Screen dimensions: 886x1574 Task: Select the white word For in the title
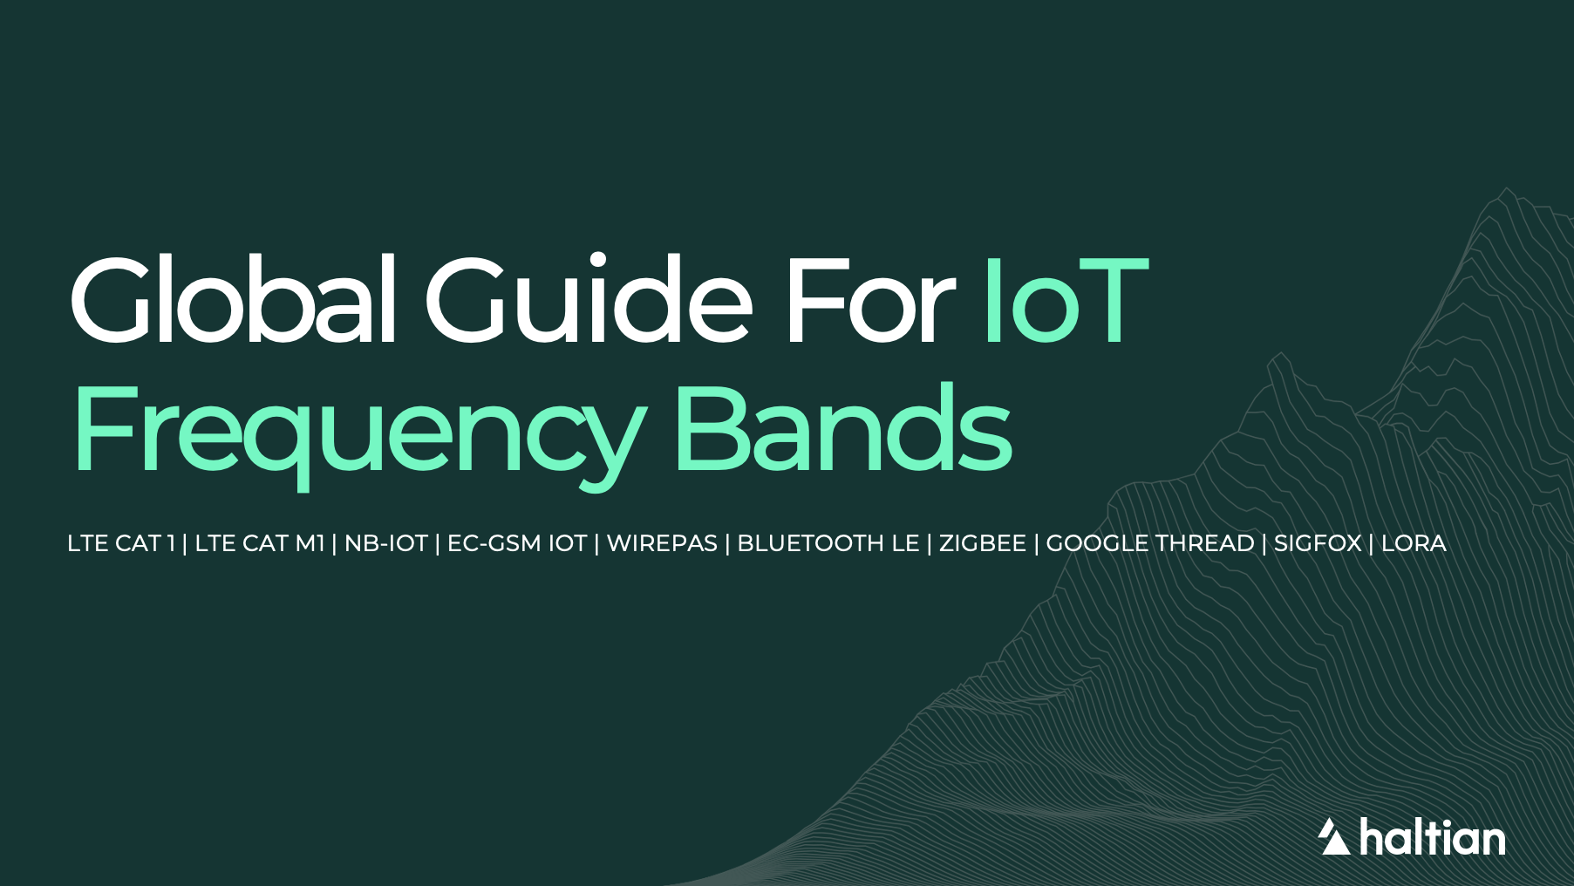click(869, 301)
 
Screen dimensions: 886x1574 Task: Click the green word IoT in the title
click(1065, 301)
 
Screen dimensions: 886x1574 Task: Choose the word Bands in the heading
click(842, 427)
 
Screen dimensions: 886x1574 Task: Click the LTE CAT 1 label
click(121, 543)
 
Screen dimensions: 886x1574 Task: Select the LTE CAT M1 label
click(260, 543)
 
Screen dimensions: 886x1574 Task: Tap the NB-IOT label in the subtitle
click(386, 543)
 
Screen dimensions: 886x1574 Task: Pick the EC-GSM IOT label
click(517, 543)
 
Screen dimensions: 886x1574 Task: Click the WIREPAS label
click(662, 543)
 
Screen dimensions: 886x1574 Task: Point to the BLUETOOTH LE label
click(828, 543)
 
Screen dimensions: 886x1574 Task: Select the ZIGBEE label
click(983, 543)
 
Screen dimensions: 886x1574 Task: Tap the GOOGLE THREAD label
click(1150, 543)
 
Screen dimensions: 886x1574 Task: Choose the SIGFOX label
click(1318, 543)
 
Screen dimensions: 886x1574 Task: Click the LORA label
click(1414, 543)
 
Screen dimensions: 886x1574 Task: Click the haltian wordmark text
click(1433, 839)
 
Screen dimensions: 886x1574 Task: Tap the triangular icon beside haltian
click(1333, 838)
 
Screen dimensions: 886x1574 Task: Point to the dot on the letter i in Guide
click(597, 259)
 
